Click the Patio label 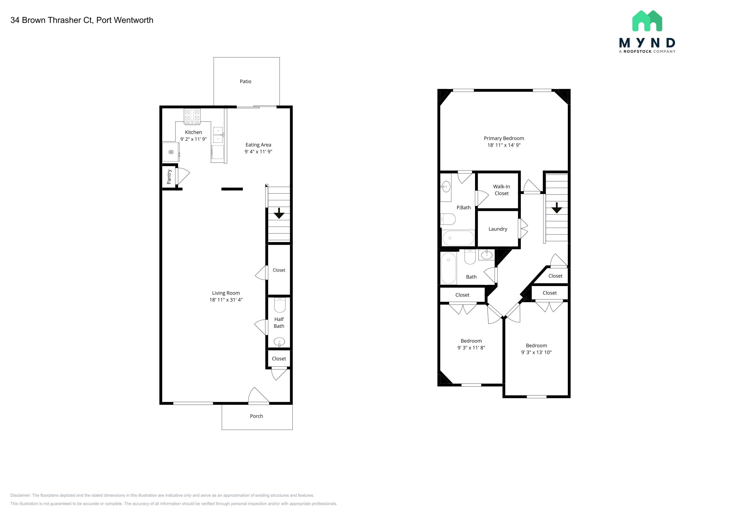pos(246,81)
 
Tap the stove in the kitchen pos(192,117)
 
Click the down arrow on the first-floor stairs pos(279,213)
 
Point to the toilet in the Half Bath pos(280,305)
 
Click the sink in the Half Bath pos(279,342)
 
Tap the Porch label pos(256,416)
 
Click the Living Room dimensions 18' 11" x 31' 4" pos(226,300)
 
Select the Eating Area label pos(258,145)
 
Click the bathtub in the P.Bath pos(458,238)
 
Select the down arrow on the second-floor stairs pos(557,208)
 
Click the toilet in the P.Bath pos(448,219)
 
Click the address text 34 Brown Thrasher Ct pos(52,20)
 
